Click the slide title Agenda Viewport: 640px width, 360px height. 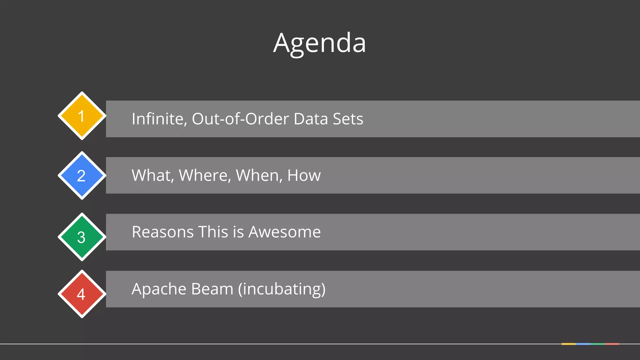[319, 43]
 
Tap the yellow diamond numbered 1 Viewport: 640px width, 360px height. [82, 116]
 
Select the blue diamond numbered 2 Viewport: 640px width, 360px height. [82, 175]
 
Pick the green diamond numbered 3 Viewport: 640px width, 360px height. [82, 237]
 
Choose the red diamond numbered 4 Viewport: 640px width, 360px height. [82, 294]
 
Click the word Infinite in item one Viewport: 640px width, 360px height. [159, 119]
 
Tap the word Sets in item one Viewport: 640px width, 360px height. [348, 119]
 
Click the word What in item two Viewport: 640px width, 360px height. [152, 175]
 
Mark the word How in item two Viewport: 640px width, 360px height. [304, 175]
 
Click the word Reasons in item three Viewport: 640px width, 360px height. [162, 232]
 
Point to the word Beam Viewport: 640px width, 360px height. [212, 289]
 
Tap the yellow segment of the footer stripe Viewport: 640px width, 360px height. [568, 344]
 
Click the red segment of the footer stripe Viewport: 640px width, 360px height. [612, 344]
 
